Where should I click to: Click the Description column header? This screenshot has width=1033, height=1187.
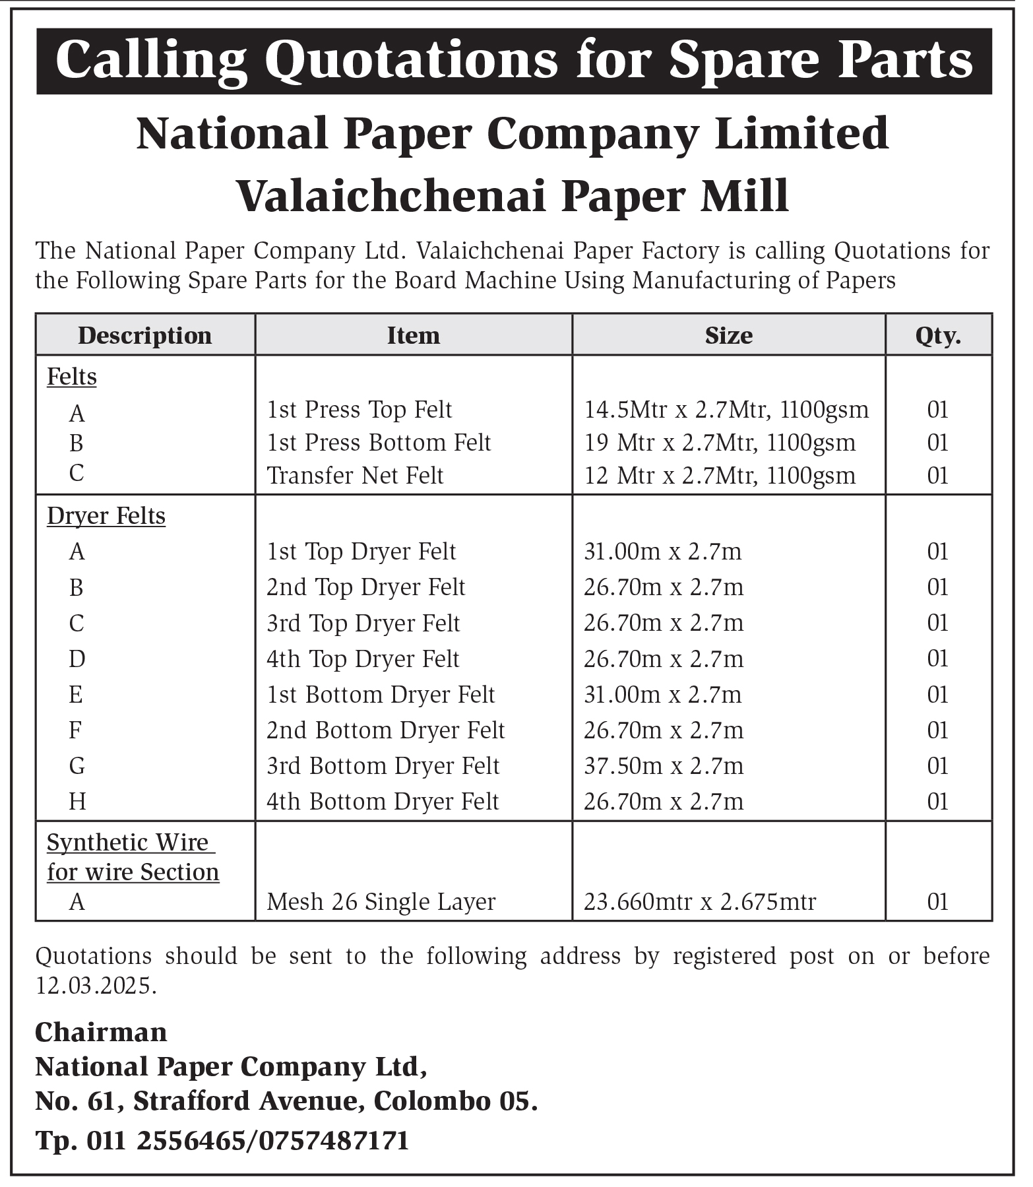(x=144, y=335)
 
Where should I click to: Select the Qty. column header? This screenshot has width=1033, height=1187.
(x=937, y=335)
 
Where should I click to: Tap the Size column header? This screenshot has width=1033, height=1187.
(x=728, y=335)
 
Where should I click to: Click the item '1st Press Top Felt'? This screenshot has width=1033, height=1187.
(x=359, y=410)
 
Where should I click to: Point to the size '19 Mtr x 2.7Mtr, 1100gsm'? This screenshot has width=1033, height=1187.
(x=720, y=442)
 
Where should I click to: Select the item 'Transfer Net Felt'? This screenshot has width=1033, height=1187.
(x=355, y=475)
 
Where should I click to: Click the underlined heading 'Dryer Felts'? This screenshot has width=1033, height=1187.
(x=106, y=515)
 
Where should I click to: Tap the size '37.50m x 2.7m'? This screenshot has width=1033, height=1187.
(x=663, y=765)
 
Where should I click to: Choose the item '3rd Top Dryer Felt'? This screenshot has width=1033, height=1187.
(x=363, y=623)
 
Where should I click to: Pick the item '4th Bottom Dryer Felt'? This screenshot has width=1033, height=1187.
(x=383, y=801)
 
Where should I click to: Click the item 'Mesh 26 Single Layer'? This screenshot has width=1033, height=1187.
(x=381, y=901)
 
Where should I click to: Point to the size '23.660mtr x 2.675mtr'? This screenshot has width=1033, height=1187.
(x=700, y=901)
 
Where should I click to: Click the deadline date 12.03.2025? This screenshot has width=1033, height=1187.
(x=96, y=986)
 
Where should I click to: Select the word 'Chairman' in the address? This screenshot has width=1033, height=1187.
(x=101, y=1033)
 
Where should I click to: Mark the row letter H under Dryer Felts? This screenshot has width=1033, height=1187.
(x=77, y=801)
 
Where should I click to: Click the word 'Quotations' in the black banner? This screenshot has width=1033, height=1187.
(x=414, y=61)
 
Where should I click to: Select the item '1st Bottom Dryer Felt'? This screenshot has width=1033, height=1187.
(x=380, y=694)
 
